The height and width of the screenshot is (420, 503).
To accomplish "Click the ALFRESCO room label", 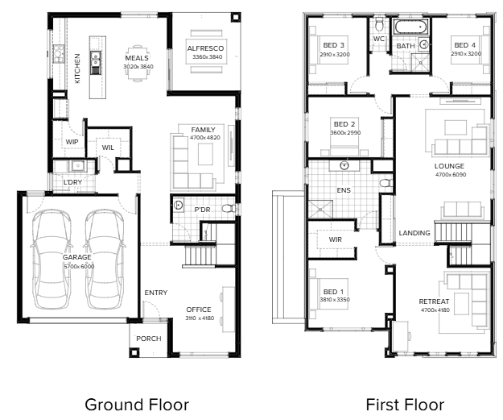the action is pyautogui.click(x=205, y=48).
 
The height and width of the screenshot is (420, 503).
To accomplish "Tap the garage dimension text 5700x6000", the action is pyautogui.click(x=79, y=266).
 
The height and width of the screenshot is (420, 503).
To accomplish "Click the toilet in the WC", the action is pyautogui.click(x=379, y=24).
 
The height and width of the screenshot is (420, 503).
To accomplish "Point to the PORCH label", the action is pyautogui.click(x=149, y=339).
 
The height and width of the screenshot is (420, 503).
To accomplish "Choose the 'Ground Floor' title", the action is pyautogui.click(x=137, y=405).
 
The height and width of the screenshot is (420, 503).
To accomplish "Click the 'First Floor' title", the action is pyautogui.click(x=405, y=405).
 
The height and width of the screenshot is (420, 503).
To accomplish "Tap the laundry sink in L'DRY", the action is pyautogui.click(x=77, y=166).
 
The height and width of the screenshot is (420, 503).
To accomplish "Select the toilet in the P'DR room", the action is pyautogui.click(x=228, y=209).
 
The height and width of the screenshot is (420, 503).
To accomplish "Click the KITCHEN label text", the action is pyautogui.click(x=77, y=69).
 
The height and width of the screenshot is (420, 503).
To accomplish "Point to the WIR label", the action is pyautogui.click(x=336, y=239).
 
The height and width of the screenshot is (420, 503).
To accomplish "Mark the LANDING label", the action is pyautogui.click(x=414, y=233).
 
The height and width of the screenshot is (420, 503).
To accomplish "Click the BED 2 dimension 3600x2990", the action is pyautogui.click(x=345, y=132).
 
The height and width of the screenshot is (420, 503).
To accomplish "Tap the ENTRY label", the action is pyautogui.click(x=156, y=293).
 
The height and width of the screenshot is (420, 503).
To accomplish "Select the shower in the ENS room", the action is pyautogui.click(x=320, y=210).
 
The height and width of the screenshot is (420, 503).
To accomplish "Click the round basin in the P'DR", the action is pyautogui.click(x=179, y=205).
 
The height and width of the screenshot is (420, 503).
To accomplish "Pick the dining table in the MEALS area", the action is pyautogui.click(x=138, y=64).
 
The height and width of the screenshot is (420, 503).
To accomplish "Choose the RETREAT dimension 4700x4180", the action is pyautogui.click(x=435, y=310).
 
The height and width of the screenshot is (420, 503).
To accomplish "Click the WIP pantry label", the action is pyautogui.click(x=72, y=142).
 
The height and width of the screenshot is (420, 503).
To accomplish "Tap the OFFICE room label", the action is pyautogui.click(x=199, y=310).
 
